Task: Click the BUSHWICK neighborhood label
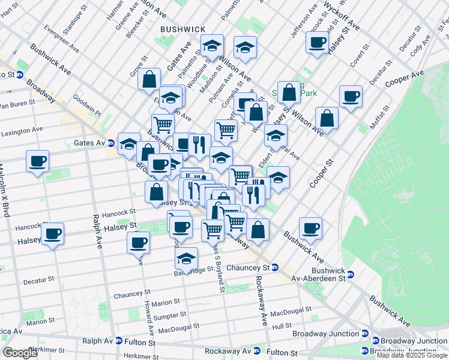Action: point(182,29)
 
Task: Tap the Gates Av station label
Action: point(85,143)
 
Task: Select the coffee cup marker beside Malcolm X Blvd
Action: point(37,161)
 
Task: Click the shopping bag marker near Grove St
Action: point(149,79)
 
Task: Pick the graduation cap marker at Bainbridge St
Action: point(187,259)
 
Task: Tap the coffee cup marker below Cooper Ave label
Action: point(351,96)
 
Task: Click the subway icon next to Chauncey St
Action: point(275,267)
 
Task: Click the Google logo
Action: point(20,353)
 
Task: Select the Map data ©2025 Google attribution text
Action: point(412,355)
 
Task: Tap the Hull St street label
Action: point(282,327)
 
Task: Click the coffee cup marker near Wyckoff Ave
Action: point(317,42)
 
